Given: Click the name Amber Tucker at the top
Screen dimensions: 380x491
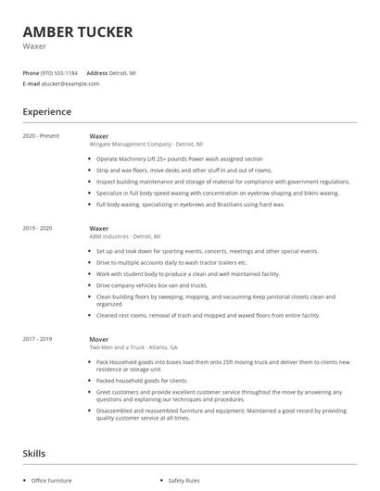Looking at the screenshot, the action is pyautogui.click(x=78, y=31).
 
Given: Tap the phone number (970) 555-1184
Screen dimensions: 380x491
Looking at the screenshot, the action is pyautogui.click(x=59, y=72).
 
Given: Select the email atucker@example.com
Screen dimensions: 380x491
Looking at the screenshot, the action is pyautogui.click(x=70, y=83).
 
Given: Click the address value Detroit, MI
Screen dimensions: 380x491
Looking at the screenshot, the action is pyautogui.click(x=123, y=72).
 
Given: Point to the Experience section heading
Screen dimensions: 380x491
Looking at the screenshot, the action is pyautogui.click(x=47, y=112).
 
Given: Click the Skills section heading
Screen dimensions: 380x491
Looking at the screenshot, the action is pyautogui.click(x=35, y=454).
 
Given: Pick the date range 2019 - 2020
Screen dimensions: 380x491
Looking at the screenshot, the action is pyautogui.click(x=37, y=228).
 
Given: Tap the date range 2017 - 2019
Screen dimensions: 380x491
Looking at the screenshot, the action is pyautogui.click(x=37, y=339).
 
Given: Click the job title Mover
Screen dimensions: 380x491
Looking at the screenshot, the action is pyautogui.click(x=99, y=339).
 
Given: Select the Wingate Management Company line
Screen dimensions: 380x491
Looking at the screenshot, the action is pyautogui.click(x=146, y=145).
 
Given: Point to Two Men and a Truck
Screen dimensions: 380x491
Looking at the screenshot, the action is pyautogui.click(x=128, y=347).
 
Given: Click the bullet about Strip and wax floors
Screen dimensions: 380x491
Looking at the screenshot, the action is pyautogui.click(x=184, y=170).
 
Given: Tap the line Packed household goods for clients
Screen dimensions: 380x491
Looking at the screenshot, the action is pyautogui.click(x=141, y=380).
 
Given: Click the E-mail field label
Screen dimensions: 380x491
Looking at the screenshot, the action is pyautogui.click(x=31, y=83).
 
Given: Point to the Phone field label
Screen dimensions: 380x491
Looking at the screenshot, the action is pyautogui.click(x=31, y=72).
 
